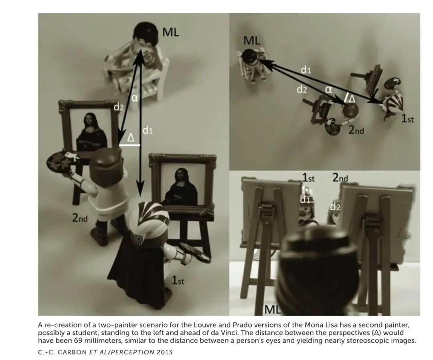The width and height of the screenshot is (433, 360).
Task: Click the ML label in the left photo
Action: click(x=171, y=33)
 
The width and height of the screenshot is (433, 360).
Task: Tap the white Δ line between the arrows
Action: click(x=130, y=145)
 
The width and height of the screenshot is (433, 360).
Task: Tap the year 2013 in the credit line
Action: click(x=165, y=352)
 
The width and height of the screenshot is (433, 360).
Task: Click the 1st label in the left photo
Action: click(x=177, y=281)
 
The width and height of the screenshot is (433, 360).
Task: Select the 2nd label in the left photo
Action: click(x=80, y=218)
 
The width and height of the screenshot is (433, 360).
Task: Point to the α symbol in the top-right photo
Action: click(x=328, y=89)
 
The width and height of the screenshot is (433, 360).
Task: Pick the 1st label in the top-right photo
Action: click(x=408, y=119)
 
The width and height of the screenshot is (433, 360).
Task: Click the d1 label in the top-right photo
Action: click(x=306, y=70)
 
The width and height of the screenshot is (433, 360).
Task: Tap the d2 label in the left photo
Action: click(x=119, y=107)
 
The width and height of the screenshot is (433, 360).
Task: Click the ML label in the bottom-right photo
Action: click(x=272, y=309)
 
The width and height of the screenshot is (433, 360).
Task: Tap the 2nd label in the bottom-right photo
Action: click(x=340, y=177)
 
